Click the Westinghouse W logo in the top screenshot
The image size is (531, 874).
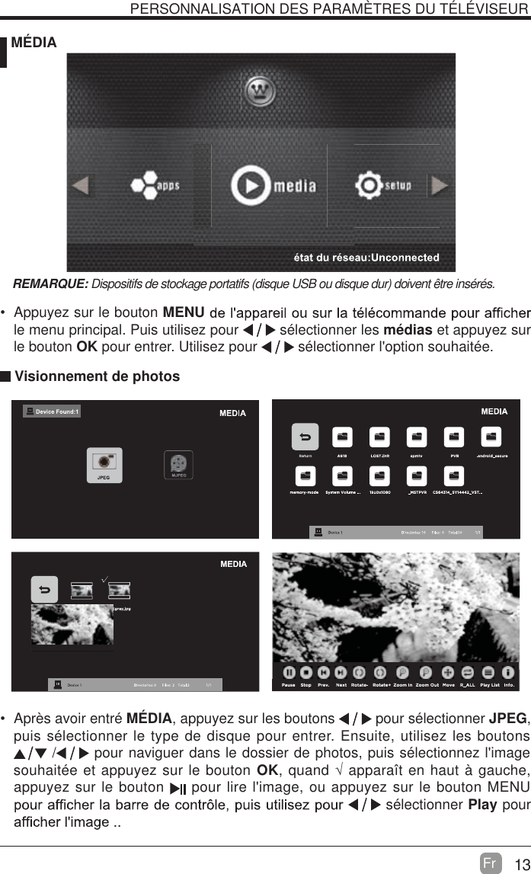(261, 92)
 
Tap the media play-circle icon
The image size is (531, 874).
(251, 185)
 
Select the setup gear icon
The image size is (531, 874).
(369, 185)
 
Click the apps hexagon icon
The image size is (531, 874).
(142, 185)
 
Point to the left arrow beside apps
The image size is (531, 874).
(81, 185)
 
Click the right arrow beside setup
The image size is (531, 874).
(440, 185)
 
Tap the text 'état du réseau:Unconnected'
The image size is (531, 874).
(366, 257)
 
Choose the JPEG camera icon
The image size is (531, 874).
(104, 463)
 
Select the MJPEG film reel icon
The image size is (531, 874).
(178, 463)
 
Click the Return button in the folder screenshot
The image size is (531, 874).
(305, 437)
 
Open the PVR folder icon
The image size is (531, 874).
(454, 437)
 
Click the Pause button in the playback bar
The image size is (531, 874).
(289, 673)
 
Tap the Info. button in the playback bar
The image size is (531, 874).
(510, 673)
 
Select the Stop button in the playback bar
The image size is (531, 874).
(305, 673)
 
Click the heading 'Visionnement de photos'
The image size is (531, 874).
(98, 376)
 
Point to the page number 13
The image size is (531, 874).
(521, 864)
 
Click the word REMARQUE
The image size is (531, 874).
(50, 284)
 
